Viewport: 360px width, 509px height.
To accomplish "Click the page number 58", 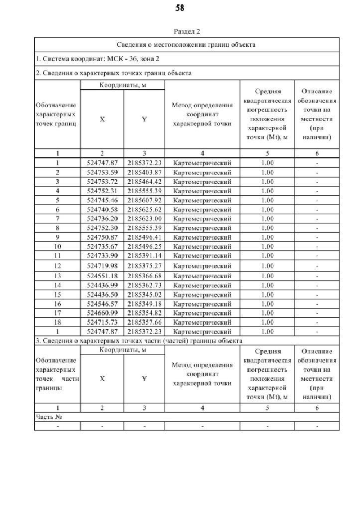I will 180,8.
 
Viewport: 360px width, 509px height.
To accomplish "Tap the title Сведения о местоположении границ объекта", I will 187,44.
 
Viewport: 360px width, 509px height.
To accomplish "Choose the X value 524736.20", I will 102,218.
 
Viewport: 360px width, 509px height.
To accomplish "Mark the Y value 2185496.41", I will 144,237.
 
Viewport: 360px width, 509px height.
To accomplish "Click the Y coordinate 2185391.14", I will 144,255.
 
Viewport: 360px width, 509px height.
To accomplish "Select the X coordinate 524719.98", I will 102,265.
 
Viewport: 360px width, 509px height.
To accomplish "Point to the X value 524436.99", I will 102,285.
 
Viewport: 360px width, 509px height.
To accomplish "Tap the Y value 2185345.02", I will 144,294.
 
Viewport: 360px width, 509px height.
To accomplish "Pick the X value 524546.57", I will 102,304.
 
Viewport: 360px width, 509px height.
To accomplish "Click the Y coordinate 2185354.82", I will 144,313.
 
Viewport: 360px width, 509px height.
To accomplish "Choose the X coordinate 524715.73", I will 102,322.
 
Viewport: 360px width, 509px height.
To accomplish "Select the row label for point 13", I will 57,276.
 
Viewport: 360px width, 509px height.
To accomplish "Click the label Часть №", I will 48,417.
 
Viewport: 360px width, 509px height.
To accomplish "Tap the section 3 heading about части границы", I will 139,341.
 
